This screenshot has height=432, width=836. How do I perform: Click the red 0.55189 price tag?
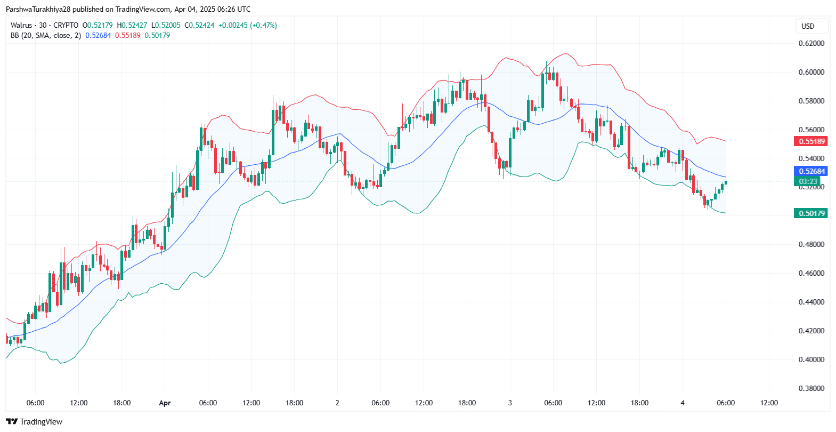pos(810,141)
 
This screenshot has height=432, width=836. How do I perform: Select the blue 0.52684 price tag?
pos(810,171)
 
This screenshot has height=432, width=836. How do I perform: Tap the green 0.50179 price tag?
pos(810,213)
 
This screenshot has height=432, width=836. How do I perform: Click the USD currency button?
pos(808,26)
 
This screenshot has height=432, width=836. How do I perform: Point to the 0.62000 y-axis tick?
pos(811,43)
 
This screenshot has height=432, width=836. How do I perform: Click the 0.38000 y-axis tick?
pos(811,388)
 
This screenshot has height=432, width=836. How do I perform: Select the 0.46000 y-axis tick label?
pos(811,273)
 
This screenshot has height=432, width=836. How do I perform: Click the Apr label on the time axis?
pos(165,403)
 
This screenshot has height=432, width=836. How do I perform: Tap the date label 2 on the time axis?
pos(337,403)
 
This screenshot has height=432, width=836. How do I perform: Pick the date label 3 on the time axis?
pos(510,403)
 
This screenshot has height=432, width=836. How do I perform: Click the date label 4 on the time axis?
pos(683,403)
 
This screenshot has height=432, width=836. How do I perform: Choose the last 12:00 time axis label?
pos(769,403)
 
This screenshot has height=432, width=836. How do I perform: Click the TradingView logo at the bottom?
pos(34,422)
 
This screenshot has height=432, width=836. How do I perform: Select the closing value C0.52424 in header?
pos(199,25)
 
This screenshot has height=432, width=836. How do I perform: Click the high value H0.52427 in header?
pos(132,25)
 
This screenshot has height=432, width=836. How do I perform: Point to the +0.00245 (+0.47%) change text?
pos(248,25)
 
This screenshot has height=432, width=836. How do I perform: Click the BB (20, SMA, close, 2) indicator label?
pos(46,35)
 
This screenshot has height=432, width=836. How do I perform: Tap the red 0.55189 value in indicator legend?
pos(128,35)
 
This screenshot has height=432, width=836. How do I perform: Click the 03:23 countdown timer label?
pos(808,181)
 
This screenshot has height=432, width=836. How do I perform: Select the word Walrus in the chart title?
pos(21,25)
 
